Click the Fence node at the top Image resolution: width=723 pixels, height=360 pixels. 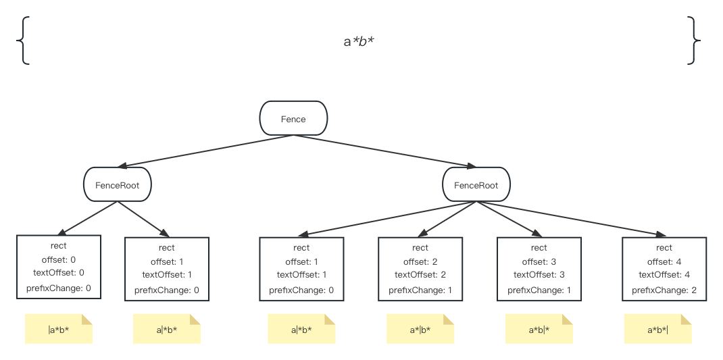tap(293, 118)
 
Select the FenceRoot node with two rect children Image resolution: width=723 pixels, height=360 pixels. tap(117, 184)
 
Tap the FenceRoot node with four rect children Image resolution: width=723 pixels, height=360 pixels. tap(476, 184)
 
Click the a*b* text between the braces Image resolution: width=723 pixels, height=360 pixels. tap(359, 42)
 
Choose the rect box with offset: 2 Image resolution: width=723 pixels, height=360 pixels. tap(420, 268)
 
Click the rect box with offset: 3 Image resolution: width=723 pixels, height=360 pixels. tap(539, 268)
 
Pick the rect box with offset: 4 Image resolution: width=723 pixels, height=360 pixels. tap(664, 268)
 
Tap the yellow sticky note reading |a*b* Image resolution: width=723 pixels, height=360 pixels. tap(59, 330)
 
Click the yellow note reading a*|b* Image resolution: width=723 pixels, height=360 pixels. tap(420, 330)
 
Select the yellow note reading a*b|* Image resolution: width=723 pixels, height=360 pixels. tap(539, 330)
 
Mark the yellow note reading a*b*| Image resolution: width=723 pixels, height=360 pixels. tap(657, 330)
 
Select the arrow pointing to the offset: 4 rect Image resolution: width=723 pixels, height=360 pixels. tap(568, 217)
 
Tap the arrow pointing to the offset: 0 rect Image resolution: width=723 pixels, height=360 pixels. tap(89, 217)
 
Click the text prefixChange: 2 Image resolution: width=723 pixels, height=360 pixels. tap(664, 290)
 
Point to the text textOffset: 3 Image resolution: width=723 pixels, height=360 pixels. tap(539, 274)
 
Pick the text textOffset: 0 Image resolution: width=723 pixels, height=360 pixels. tap(59, 273)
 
